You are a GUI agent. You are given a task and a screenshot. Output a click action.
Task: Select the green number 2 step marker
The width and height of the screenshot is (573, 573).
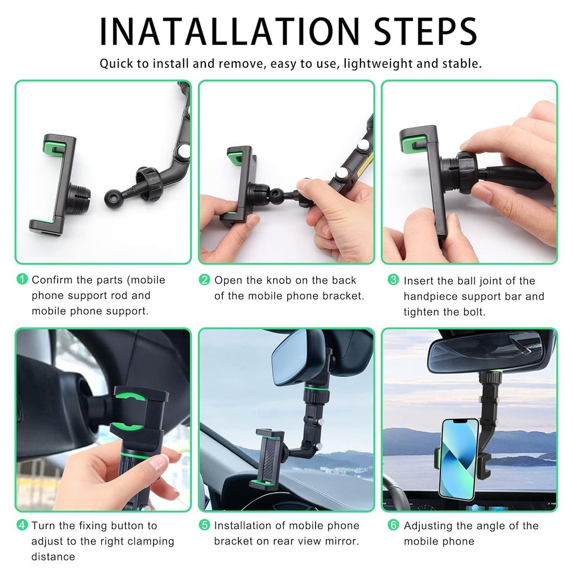coord(205,280)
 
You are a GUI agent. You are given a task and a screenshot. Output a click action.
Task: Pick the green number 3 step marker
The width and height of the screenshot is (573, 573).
coord(393,280)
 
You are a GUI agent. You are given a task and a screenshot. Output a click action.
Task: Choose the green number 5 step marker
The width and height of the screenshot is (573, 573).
coord(205,525)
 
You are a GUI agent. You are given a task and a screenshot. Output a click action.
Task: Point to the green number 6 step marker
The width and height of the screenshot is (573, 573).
coord(393,525)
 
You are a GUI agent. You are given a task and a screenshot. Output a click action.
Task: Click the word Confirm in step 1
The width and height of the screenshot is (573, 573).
coord(53,280)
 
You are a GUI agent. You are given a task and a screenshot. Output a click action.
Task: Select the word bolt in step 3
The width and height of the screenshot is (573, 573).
coord(473,312)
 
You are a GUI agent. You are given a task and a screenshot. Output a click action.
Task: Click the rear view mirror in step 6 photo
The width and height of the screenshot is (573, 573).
coord(485,351)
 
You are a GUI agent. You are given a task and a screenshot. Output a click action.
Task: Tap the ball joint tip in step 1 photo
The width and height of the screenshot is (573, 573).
coord(111,198)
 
